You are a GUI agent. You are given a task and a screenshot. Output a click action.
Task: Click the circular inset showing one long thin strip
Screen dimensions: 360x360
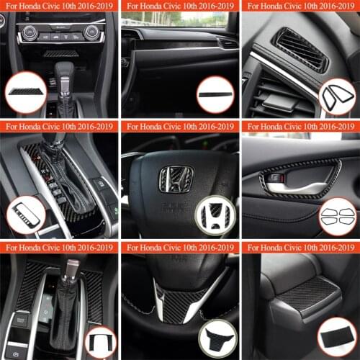pos(216,94)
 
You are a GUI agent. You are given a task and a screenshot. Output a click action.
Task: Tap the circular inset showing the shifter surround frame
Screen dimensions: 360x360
pos(24,214)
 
